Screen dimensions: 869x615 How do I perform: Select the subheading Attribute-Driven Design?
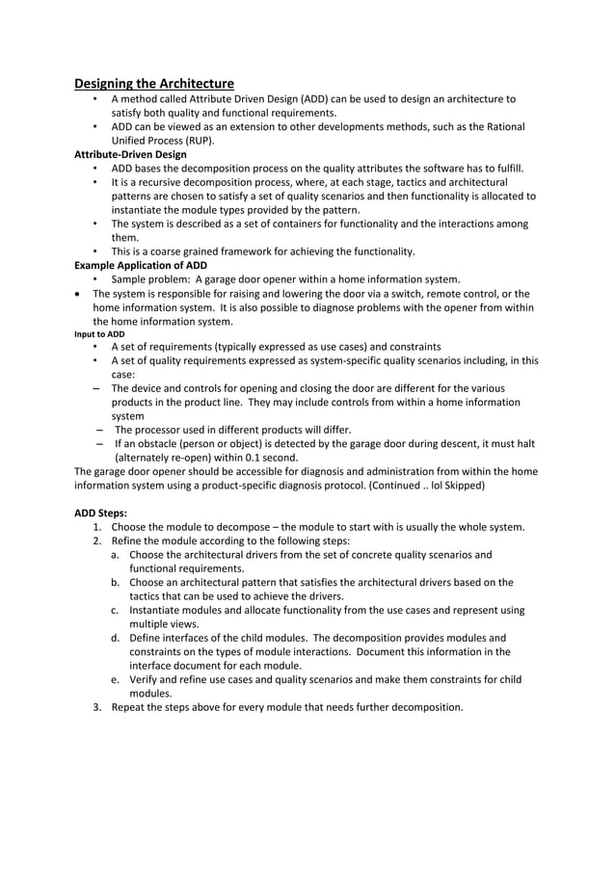pyautogui.click(x=130, y=154)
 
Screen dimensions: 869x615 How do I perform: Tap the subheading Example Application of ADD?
pyautogui.click(x=141, y=266)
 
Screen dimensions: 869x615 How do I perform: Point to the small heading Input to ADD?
pyautogui.click(x=99, y=334)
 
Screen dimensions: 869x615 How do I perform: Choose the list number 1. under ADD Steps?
pyautogui.click(x=97, y=527)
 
